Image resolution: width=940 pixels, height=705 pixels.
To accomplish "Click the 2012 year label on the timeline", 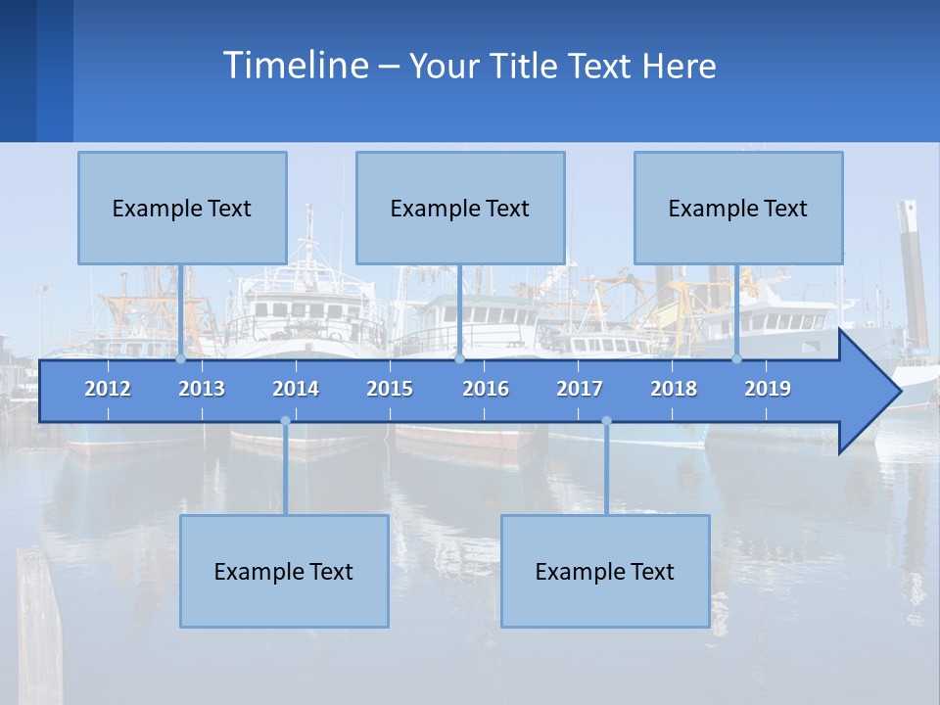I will point(108,389).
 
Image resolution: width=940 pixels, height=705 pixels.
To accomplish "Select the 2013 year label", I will point(202,389).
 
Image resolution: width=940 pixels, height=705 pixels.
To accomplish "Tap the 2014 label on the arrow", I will point(296,389).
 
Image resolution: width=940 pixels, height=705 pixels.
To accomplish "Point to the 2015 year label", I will point(390,389).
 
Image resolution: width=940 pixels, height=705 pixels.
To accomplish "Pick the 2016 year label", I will point(486,389).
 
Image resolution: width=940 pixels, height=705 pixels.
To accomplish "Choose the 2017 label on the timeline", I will point(580,389).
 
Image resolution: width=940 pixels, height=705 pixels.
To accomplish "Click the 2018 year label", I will point(674,389).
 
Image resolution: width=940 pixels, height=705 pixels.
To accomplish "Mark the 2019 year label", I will point(768,389).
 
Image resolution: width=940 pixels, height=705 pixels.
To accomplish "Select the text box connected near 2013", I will point(182,208).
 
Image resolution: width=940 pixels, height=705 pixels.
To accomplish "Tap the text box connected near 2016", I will point(460,208).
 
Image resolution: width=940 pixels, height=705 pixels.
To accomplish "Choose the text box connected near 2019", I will point(738,208).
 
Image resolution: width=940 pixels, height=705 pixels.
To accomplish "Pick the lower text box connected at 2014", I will point(284,571).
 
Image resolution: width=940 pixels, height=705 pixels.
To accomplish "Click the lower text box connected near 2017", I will point(605,571).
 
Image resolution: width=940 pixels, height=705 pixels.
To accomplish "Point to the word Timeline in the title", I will point(295,66).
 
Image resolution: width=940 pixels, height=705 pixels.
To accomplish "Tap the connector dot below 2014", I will point(285,421).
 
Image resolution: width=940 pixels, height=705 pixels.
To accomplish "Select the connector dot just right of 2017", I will point(606,421).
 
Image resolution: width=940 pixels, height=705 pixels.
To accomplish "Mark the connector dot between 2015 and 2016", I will point(460,359).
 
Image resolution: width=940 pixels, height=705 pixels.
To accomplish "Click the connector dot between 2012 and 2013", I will point(180,359).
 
